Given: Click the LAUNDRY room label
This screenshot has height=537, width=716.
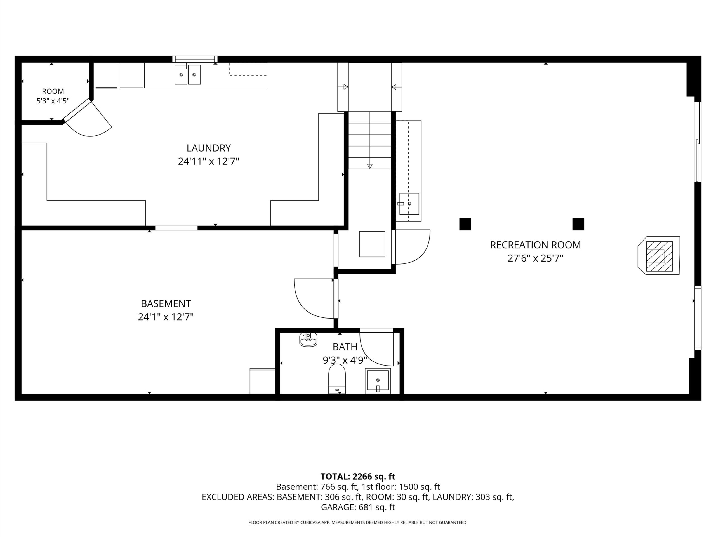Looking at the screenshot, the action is (x=208, y=148).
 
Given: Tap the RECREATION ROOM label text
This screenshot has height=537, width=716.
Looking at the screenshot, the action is (x=535, y=245).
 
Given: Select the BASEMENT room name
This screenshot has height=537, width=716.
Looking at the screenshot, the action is (x=166, y=304).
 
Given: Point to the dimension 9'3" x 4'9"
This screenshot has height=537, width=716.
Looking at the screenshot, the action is (x=345, y=360).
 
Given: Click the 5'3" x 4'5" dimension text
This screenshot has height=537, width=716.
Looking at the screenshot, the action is (x=53, y=101).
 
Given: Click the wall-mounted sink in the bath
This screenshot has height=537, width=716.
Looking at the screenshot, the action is (x=308, y=339).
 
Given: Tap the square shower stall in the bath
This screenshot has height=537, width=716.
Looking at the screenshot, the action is (x=378, y=381).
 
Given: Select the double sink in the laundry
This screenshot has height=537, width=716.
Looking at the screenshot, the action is (x=188, y=74).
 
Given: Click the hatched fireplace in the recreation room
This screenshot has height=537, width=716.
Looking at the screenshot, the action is (x=659, y=256).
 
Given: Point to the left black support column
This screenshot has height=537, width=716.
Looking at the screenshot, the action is (x=465, y=224).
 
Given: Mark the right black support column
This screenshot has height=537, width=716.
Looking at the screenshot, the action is (x=578, y=224).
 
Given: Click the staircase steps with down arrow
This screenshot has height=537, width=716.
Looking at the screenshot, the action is (x=370, y=140).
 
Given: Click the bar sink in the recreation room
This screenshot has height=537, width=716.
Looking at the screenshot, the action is (x=409, y=204).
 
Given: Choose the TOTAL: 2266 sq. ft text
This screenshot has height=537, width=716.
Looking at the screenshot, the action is (x=358, y=477).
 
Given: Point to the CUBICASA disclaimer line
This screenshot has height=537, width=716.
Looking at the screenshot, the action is (x=358, y=522).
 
